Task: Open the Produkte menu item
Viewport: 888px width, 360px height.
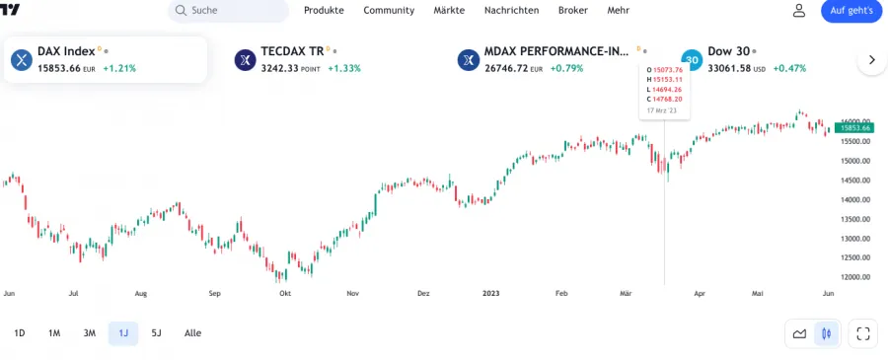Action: tap(324, 10)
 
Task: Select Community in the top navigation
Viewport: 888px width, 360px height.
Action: tap(389, 10)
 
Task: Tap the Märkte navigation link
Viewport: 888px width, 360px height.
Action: tap(449, 10)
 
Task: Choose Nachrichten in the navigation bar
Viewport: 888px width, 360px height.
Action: tap(511, 10)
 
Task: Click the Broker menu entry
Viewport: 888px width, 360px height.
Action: tap(572, 10)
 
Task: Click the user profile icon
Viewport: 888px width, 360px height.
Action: tap(799, 10)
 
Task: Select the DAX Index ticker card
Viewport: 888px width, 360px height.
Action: tap(105, 59)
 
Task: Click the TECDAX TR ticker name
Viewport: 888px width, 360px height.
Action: tap(292, 50)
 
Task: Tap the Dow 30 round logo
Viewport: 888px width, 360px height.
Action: tap(692, 60)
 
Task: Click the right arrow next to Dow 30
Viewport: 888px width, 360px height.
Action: tap(871, 60)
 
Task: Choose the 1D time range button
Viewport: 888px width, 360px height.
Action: tap(20, 333)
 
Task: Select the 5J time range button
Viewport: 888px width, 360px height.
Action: tap(156, 333)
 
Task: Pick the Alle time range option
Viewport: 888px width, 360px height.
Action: tap(192, 333)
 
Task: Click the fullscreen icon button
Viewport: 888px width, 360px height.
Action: tap(863, 333)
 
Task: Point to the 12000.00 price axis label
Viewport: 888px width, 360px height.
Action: tap(853, 277)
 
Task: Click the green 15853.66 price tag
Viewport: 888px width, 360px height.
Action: tap(853, 127)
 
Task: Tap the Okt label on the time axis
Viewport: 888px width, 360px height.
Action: tap(285, 293)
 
